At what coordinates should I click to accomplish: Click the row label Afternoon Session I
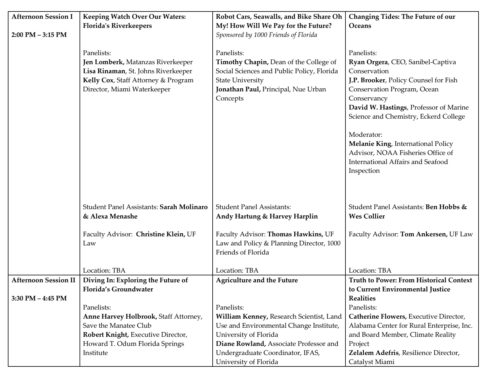[42, 17]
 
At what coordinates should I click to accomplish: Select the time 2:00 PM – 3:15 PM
[39, 35]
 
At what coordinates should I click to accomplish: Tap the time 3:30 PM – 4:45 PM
[39, 298]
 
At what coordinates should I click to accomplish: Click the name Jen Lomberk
[103, 62]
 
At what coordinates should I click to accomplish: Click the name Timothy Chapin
[242, 62]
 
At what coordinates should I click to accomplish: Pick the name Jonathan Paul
[238, 89]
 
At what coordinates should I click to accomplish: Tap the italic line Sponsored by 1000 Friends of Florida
[267, 35]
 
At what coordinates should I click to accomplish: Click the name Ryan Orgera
[368, 62]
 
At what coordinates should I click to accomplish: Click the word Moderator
[365, 135]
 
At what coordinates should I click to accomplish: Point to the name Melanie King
[370, 144]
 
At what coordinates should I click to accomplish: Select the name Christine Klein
[160, 234]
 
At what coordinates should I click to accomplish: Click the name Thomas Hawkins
[295, 234]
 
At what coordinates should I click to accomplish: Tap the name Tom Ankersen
[424, 234]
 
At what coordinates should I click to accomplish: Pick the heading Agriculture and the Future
[257, 280]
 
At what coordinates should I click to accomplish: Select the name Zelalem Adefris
[374, 353]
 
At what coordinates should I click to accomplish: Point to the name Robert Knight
[106, 335]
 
